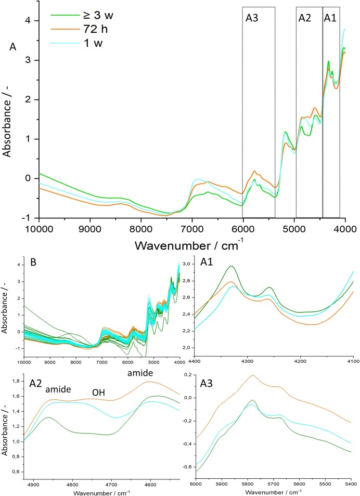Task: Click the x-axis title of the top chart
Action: click(192, 244)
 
